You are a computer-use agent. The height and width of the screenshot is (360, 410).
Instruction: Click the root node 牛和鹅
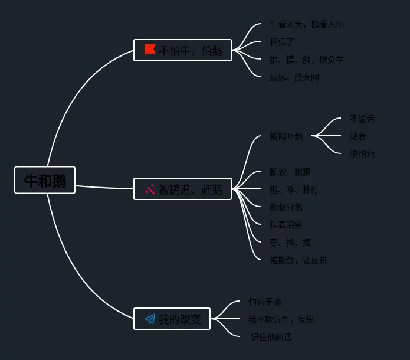45,181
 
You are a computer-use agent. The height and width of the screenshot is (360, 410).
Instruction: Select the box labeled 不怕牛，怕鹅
182,50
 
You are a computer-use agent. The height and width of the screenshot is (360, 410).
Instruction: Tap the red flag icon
150,50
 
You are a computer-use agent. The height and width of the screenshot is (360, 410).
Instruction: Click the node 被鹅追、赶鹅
182,189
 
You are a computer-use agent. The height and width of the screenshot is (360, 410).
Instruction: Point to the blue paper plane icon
150,319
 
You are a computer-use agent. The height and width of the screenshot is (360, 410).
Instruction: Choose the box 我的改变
172,319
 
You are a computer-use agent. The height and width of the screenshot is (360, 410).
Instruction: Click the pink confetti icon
150,189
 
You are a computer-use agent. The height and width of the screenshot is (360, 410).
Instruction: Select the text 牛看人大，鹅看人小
306,24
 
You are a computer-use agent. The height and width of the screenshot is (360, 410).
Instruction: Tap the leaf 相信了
281,42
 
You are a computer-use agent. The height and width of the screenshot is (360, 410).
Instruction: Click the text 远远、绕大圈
294,77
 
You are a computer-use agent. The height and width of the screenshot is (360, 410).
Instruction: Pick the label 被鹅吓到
286,136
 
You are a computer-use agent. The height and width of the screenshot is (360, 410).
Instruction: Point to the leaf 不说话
362,119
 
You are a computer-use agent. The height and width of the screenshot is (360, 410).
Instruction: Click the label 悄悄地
362,154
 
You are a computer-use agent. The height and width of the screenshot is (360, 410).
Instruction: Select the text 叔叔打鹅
286,207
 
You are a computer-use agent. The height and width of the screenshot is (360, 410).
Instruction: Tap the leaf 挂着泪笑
286,225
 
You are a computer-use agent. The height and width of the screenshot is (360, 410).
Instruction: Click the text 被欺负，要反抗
298,260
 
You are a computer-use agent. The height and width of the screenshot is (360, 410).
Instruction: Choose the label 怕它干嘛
265,302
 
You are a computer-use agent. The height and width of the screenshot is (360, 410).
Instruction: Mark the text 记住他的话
271,337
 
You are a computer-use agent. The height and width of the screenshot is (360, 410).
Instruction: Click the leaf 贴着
357,136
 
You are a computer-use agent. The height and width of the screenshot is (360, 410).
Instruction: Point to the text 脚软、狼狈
290,172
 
